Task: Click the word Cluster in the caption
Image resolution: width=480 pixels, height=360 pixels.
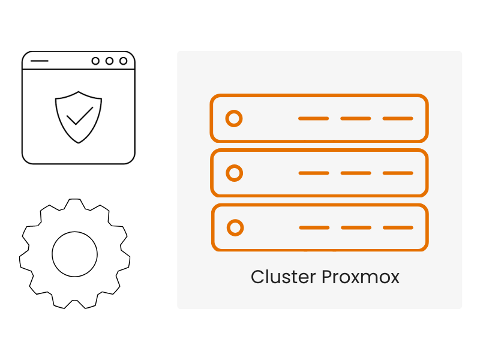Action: [283, 277]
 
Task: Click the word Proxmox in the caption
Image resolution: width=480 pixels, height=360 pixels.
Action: [361, 277]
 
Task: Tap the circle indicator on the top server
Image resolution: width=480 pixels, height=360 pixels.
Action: [234, 118]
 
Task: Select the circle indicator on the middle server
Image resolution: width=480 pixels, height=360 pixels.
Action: [235, 173]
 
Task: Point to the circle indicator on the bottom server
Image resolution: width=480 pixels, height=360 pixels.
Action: [235, 228]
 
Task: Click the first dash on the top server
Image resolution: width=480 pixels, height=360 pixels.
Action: [313, 118]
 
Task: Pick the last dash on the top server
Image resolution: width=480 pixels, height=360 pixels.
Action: [398, 118]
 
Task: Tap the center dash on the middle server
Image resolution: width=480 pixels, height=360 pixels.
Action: [356, 173]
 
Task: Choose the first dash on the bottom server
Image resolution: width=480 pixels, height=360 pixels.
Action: [314, 228]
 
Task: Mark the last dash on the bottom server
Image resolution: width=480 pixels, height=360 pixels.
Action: [398, 228]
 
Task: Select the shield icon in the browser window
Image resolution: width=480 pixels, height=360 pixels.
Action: [79, 117]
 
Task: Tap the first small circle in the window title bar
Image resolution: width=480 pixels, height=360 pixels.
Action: [95, 61]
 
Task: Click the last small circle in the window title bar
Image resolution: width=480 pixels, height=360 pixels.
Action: [123, 61]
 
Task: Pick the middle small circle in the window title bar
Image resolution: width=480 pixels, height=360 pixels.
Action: [109, 61]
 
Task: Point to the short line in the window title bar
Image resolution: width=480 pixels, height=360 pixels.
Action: [39, 61]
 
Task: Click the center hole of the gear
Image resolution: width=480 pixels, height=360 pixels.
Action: [74, 253]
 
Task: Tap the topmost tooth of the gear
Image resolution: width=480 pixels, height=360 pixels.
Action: [74, 203]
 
